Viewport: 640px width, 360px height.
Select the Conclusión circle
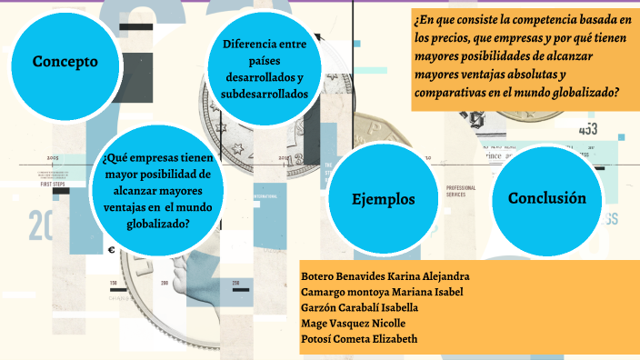click(x=546, y=199)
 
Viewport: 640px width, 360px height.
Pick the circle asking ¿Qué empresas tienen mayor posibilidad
click(x=158, y=189)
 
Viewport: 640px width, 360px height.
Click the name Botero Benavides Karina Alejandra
click(x=385, y=275)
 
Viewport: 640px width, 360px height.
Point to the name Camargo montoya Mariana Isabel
click(x=381, y=291)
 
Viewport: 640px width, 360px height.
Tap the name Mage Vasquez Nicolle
click(x=353, y=324)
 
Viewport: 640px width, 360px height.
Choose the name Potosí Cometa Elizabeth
click(x=359, y=340)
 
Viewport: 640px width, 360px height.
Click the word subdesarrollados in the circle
click(x=265, y=94)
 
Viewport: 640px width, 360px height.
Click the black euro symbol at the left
click(x=111, y=251)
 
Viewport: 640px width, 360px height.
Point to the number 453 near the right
click(x=587, y=128)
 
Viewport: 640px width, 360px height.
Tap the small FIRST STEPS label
click(x=54, y=184)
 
